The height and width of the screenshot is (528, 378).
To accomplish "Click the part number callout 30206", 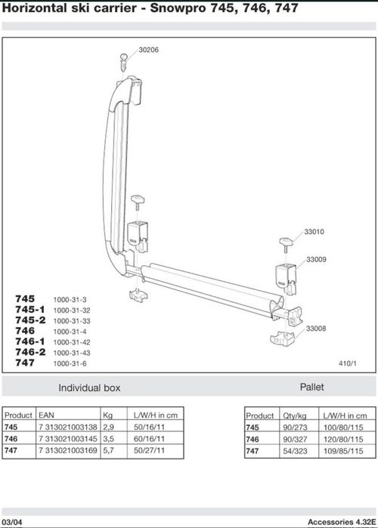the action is coord(149,50).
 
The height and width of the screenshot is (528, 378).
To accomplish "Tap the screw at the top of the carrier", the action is coord(124,62).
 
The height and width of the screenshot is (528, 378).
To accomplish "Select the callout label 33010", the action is coord(314,232).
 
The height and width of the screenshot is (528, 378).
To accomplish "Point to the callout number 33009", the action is coord(316,260).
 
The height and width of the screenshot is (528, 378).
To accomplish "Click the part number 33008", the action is coord(316,329).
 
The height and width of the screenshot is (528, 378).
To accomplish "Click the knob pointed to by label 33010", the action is coord(286,245).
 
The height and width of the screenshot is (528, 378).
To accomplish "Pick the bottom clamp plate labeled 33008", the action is coord(282,339).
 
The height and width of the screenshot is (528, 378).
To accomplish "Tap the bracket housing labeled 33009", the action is coord(286,276).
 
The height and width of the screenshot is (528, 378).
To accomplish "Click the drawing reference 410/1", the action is coord(347,363).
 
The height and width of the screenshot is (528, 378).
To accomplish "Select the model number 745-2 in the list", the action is coord(30,320).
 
